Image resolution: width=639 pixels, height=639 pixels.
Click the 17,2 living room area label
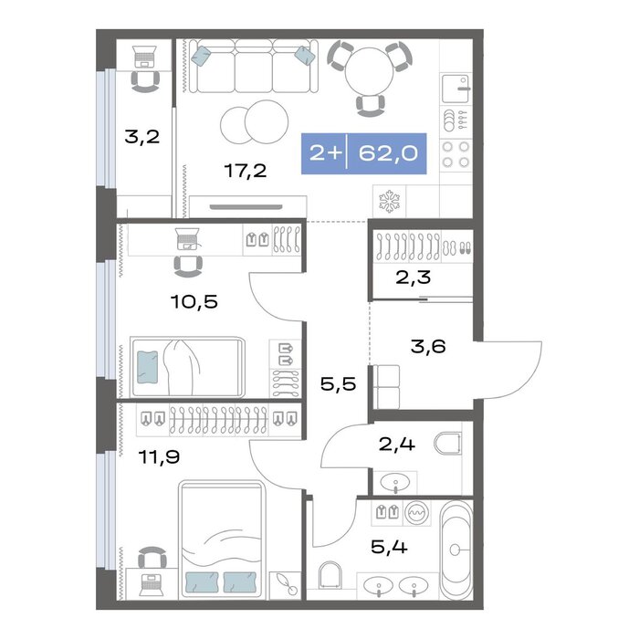tap(246, 171)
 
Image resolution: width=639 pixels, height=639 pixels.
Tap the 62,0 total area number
tap(388, 153)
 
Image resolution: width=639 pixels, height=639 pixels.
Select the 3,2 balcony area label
tap(141, 137)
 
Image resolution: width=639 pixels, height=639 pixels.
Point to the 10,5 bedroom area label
tap(194, 302)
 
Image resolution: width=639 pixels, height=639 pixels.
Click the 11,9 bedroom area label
tap(159, 456)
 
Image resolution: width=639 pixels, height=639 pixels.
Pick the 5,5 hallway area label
tap(339, 384)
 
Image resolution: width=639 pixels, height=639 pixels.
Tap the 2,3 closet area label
tap(414, 278)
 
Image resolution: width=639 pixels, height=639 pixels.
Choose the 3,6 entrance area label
tap(428, 346)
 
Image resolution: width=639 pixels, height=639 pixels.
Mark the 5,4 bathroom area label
tap(389, 547)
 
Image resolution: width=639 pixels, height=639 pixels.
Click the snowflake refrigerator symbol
tap(390, 202)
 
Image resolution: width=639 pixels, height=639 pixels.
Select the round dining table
tap(369, 72)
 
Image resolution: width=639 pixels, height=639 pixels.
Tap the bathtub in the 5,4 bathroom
tap(456, 550)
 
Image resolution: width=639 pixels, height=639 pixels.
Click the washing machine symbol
tap(417, 511)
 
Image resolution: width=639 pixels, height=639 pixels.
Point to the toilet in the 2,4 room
tap(448, 444)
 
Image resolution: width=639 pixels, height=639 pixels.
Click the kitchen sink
tap(456, 88)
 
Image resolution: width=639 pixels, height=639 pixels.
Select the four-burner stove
tap(456, 154)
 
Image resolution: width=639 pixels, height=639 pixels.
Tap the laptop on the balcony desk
tap(144, 57)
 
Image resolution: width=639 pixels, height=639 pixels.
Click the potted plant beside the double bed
tap(286, 585)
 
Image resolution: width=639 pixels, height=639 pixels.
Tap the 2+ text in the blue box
tap(325, 153)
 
